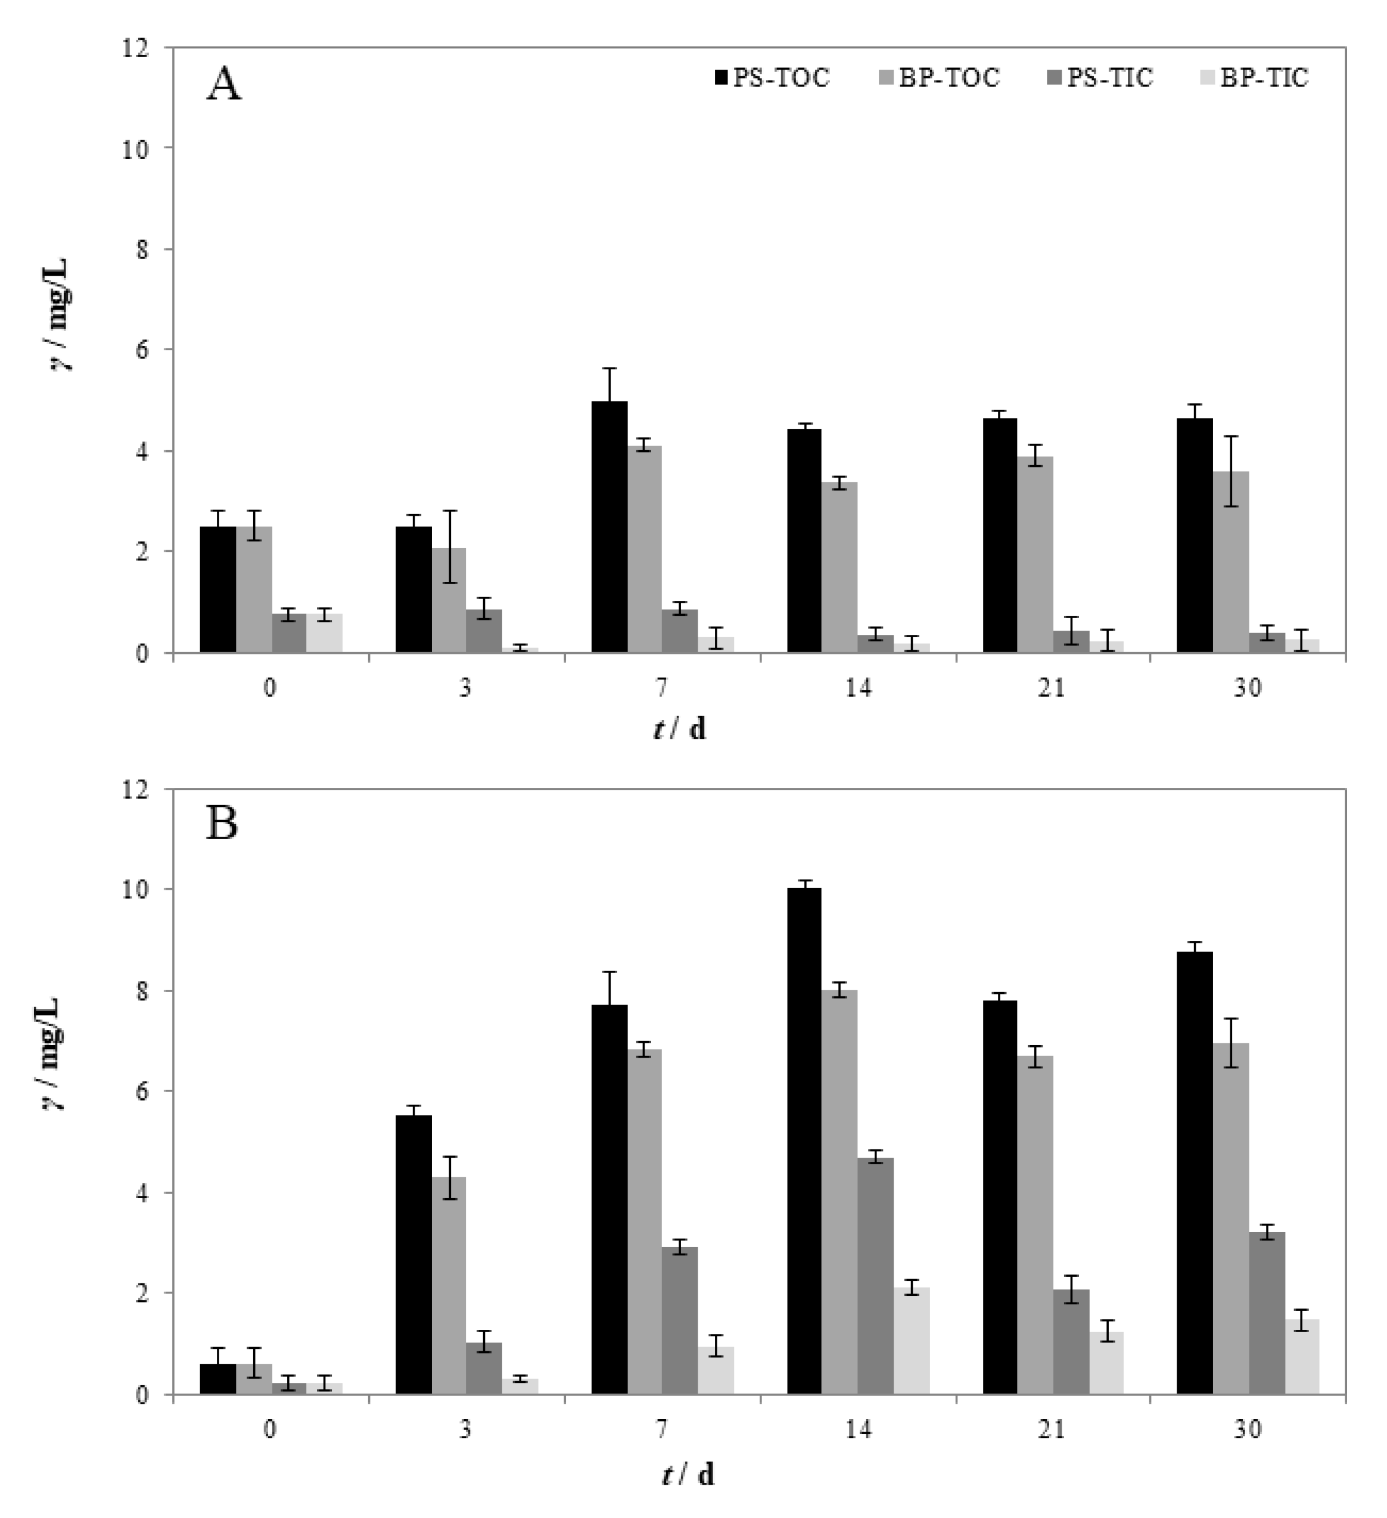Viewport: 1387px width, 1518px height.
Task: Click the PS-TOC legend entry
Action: click(772, 77)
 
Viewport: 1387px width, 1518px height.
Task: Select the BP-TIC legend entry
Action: click(1254, 77)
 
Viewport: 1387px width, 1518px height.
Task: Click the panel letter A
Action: click(224, 85)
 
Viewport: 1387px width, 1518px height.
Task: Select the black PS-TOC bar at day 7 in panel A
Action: click(609, 527)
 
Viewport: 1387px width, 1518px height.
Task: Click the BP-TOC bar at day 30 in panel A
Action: click(1230, 562)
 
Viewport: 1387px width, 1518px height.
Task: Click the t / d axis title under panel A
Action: click(680, 729)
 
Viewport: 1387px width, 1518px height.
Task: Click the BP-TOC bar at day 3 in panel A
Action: click(448, 600)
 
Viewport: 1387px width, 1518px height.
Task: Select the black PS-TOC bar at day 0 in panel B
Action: click(217, 1379)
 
